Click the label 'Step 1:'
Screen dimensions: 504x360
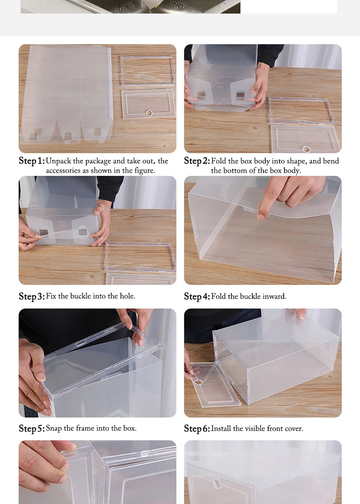point(32,161)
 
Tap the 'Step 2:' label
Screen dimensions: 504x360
point(197,161)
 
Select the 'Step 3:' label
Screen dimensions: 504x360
point(32,296)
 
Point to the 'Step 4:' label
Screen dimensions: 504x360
point(197,296)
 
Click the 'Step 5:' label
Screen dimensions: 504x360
point(32,428)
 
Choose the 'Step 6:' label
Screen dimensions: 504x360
point(197,428)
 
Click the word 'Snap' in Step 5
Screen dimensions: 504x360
point(54,428)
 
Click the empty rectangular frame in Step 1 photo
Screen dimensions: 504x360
point(147,71)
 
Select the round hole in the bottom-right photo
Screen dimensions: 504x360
point(217,482)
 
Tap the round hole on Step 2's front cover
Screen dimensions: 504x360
point(306,148)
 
